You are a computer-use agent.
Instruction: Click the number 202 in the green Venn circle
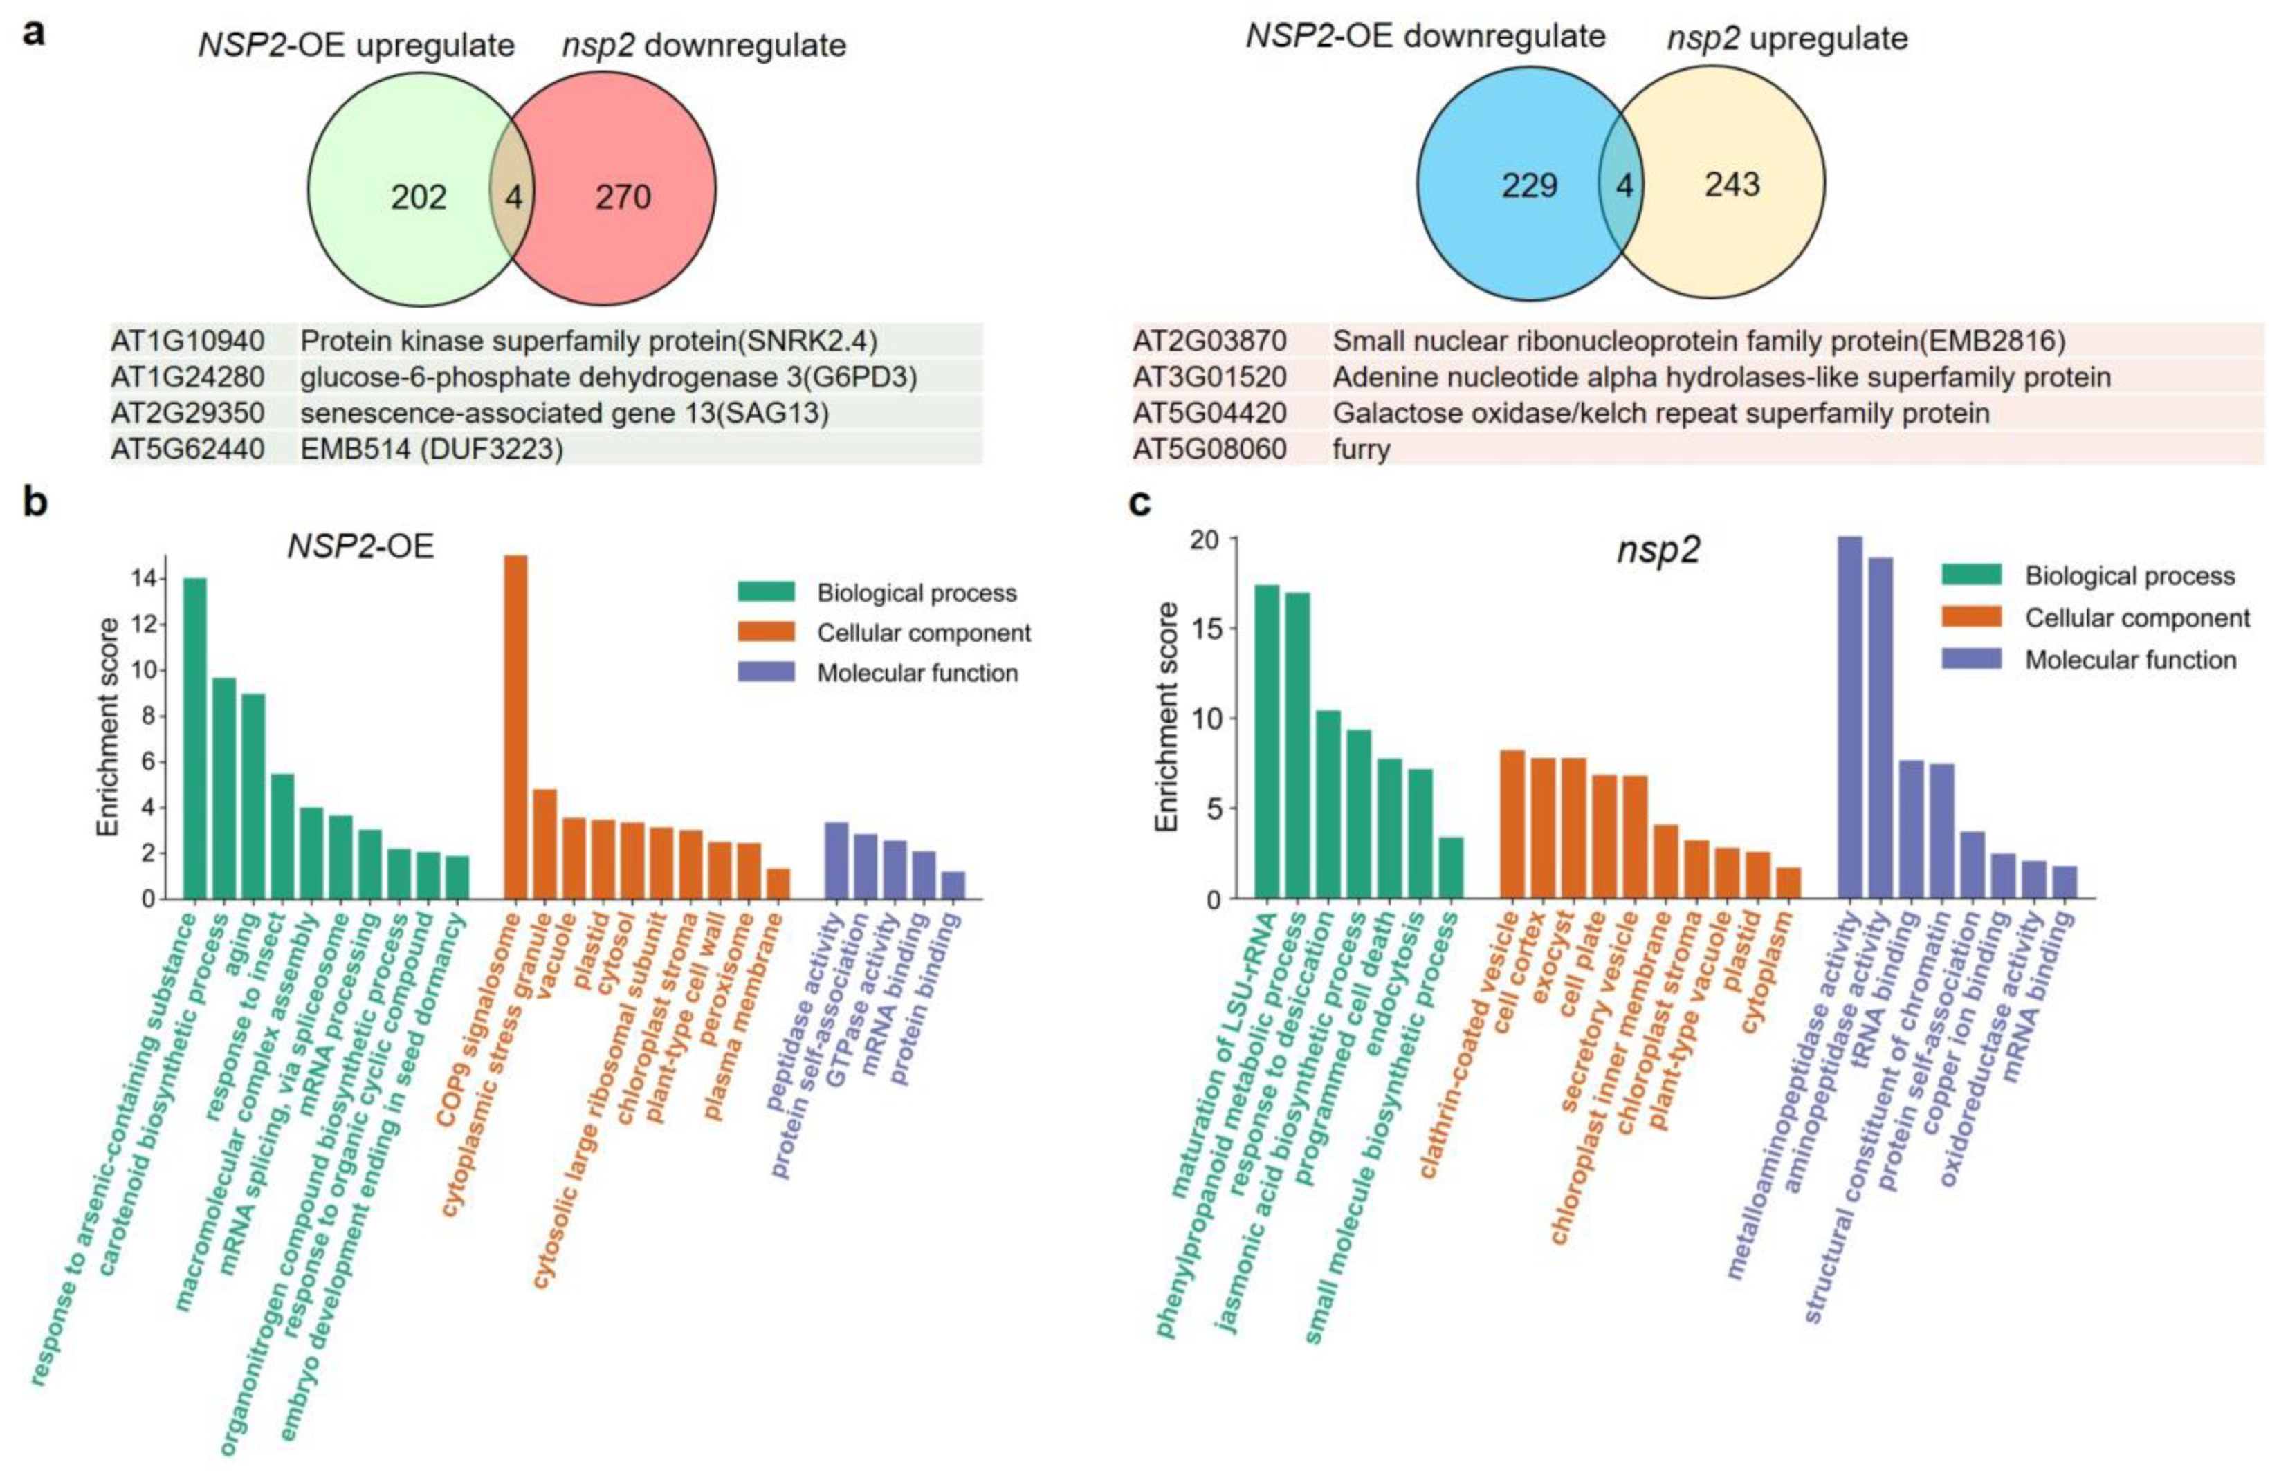point(419,197)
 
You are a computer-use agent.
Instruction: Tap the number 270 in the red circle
point(623,197)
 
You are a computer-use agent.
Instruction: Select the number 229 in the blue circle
point(1529,185)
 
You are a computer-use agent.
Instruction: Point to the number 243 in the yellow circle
point(1732,185)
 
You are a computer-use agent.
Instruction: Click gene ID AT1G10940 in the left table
point(188,341)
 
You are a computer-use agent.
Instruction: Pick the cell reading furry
point(1362,449)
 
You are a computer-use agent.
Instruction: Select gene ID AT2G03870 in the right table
point(1210,341)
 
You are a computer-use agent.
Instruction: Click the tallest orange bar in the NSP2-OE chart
point(515,726)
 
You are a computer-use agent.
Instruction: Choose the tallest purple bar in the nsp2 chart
point(1850,716)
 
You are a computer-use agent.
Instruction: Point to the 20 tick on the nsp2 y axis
point(1205,539)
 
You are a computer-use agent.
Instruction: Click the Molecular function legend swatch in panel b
point(765,672)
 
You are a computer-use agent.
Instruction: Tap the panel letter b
point(35,501)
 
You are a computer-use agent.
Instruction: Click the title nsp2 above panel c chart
point(1658,551)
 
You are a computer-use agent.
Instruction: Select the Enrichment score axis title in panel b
point(109,727)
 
